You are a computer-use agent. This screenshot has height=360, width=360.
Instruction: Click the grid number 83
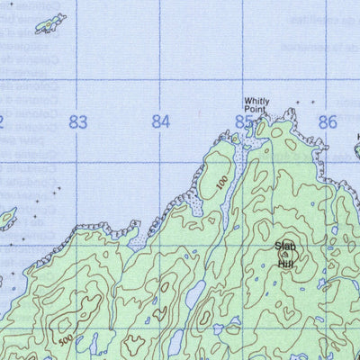(x=78, y=122)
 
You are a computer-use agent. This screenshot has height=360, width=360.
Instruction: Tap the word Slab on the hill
(x=285, y=246)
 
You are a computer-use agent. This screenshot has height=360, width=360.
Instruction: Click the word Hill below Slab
(x=285, y=264)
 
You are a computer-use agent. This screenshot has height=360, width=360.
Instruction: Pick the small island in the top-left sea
(x=50, y=22)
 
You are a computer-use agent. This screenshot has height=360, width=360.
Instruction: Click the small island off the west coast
(x=7, y=217)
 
